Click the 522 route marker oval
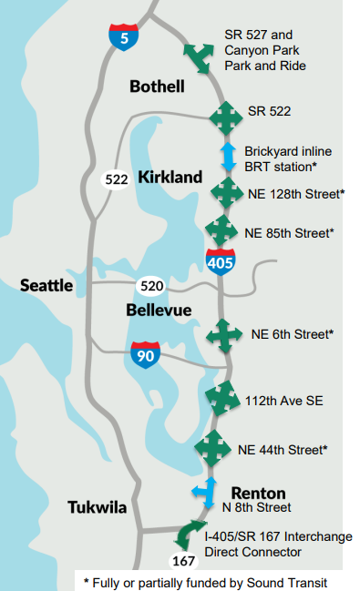[x=116, y=179]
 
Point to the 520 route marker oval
[x=151, y=287]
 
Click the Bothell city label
[x=157, y=87]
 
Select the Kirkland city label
[x=170, y=178]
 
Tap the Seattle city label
[x=46, y=286]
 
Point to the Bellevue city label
[x=159, y=311]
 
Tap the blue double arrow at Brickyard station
[x=229, y=155]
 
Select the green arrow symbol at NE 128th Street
[x=225, y=193]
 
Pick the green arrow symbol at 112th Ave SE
[x=221, y=399]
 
